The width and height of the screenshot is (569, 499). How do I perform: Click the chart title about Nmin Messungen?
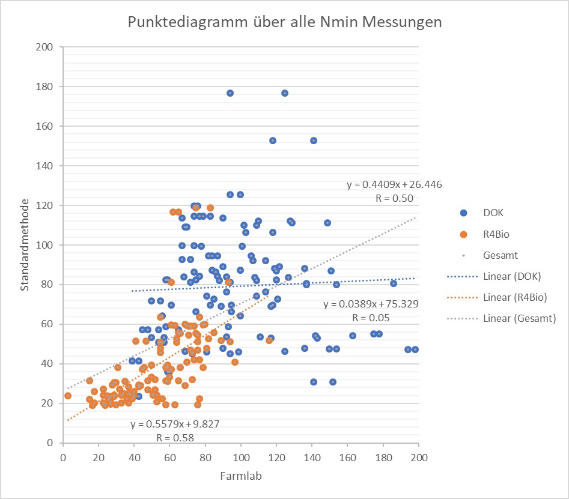pyautogui.click(x=285, y=23)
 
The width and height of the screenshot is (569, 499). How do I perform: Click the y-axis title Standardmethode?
pyautogui.click(x=25, y=245)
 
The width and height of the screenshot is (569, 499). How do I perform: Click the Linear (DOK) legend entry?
pyautogui.click(x=511, y=276)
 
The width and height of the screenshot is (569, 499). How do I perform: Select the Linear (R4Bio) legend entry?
pyautogui.click(x=514, y=297)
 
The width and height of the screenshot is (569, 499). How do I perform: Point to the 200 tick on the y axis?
pyautogui.click(x=45, y=47)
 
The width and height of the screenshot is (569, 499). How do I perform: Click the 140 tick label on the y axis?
pyautogui.click(x=45, y=166)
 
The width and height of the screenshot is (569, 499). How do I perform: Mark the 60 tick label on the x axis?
pyautogui.click(x=169, y=457)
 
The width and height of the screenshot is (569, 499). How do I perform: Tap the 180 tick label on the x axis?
pyautogui.click(x=383, y=457)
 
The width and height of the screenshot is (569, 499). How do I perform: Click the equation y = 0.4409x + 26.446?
pyautogui.click(x=394, y=184)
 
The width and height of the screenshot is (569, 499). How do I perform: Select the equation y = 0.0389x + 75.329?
pyautogui.click(x=370, y=304)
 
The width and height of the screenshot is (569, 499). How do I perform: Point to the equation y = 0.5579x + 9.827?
pyautogui.click(x=175, y=424)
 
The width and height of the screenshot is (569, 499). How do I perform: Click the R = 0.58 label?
pyautogui.click(x=174, y=438)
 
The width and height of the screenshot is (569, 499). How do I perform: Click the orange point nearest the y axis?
pyautogui.click(x=68, y=395)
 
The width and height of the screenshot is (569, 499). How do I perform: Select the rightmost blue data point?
pyautogui.click(x=415, y=349)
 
